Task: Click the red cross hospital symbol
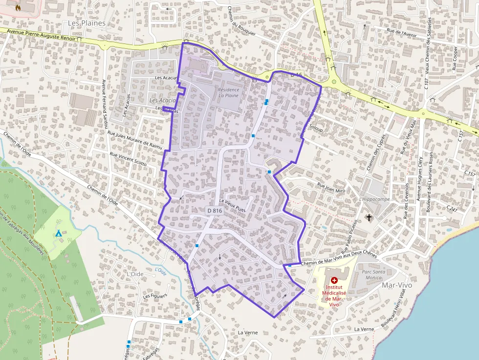(334, 280)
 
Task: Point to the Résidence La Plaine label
(229, 93)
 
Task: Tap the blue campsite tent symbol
(59, 234)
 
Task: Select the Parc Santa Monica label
(372, 274)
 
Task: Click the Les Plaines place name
(87, 23)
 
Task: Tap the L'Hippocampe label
(374, 199)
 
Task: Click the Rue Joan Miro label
(332, 186)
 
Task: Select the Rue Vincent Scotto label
(128, 159)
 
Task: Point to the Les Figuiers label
(155, 296)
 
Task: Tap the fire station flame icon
(19, 8)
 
